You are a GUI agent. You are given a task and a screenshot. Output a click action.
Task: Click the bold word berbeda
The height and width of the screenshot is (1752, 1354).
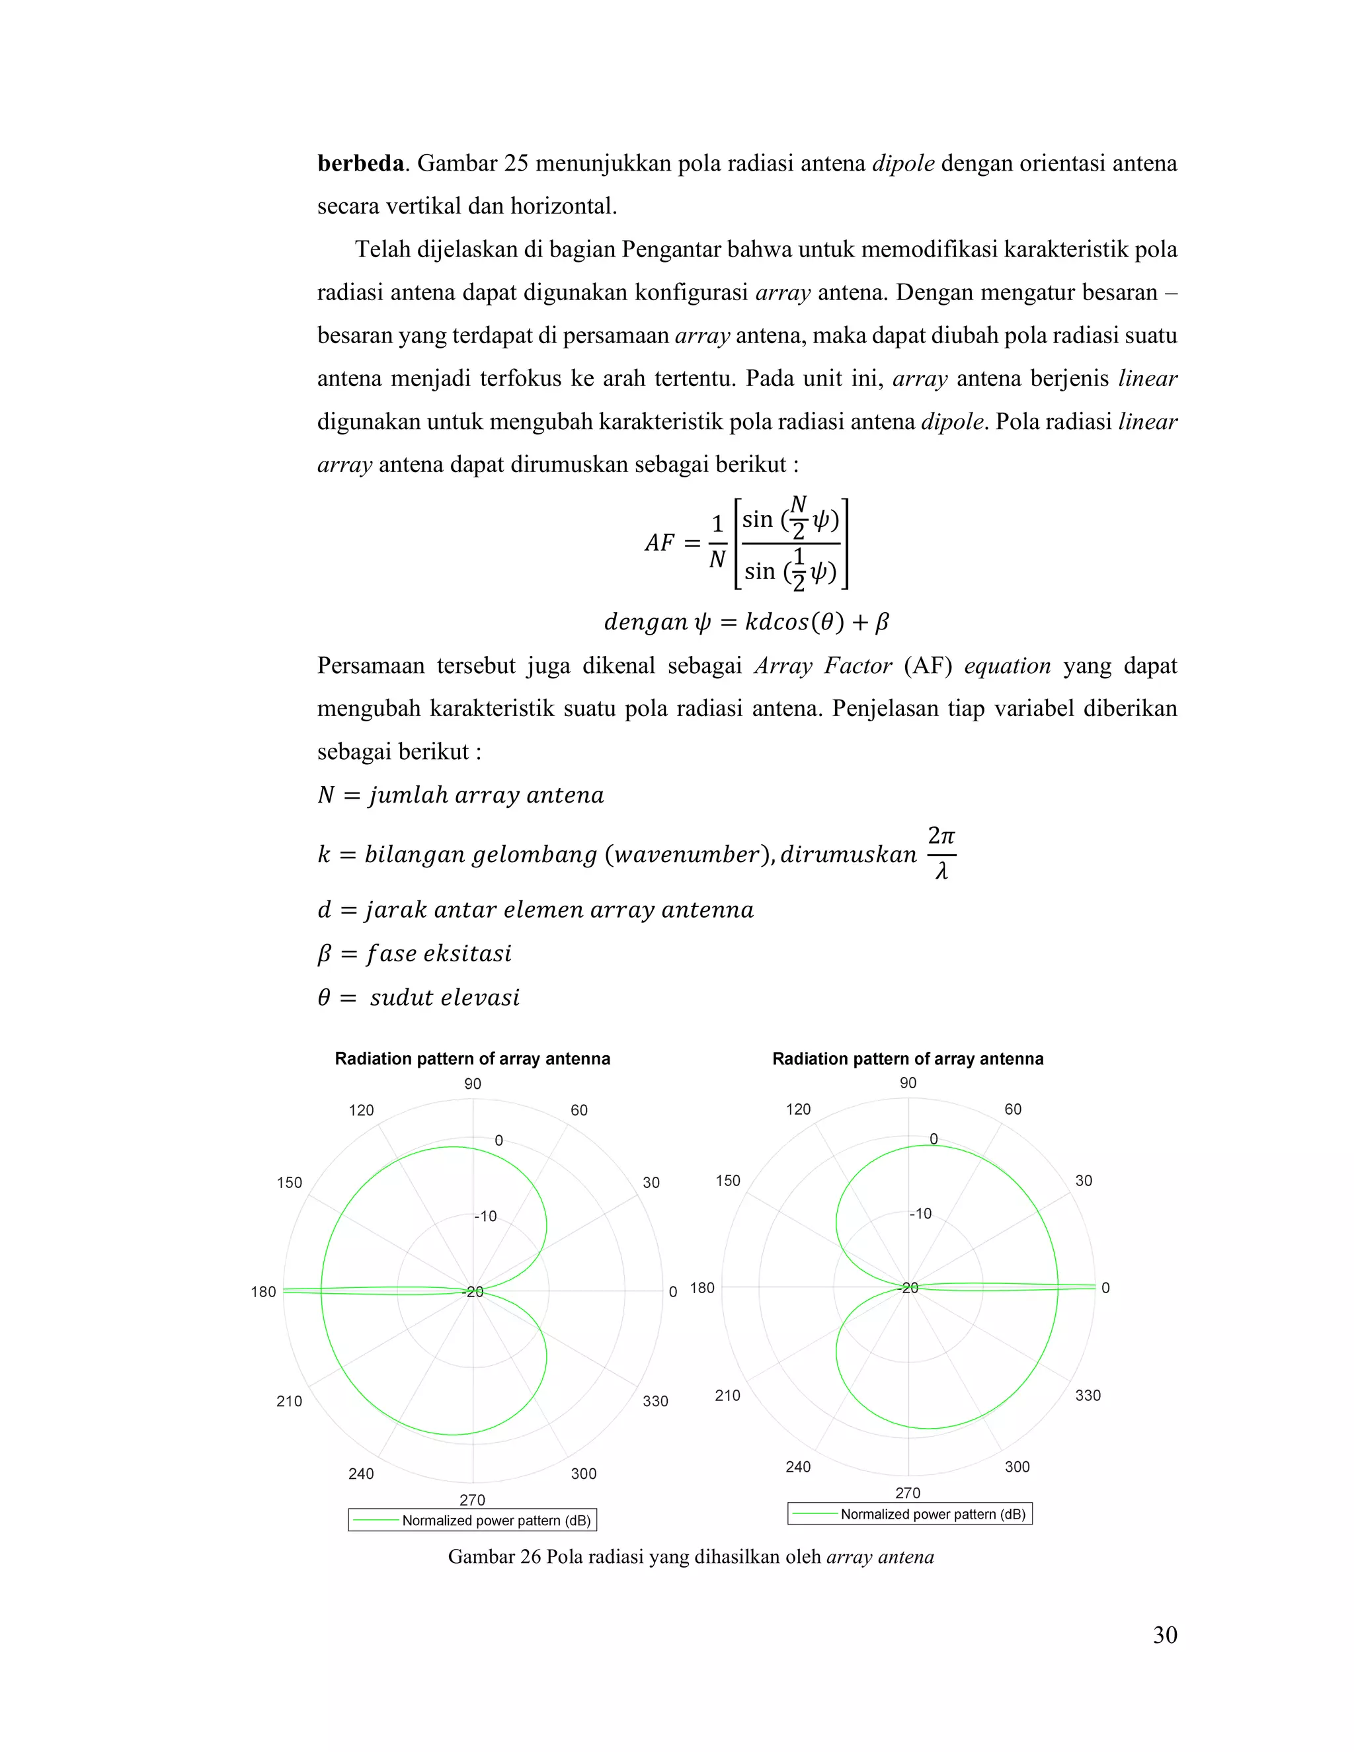(360, 164)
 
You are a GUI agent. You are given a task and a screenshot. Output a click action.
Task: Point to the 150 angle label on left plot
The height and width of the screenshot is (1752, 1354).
(290, 1183)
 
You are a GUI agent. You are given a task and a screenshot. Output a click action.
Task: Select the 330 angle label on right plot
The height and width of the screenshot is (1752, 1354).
(1087, 1395)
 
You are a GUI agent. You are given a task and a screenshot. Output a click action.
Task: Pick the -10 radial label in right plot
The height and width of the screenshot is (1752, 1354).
(920, 1214)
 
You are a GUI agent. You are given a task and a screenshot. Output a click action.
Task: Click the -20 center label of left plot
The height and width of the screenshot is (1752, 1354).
(473, 1292)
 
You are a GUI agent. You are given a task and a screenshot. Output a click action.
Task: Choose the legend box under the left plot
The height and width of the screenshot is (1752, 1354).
(473, 1520)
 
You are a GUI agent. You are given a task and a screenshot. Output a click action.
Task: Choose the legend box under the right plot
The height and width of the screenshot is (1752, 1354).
(909, 1514)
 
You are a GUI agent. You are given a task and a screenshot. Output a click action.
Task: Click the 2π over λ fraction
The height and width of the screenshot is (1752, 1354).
(941, 854)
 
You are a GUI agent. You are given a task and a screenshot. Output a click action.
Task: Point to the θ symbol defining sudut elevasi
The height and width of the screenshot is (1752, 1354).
(324, 997)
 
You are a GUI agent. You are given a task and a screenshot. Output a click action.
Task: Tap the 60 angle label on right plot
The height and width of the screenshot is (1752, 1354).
(1012, 1109)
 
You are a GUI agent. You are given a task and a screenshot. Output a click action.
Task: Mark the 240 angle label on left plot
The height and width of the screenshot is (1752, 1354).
(361, 1474)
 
